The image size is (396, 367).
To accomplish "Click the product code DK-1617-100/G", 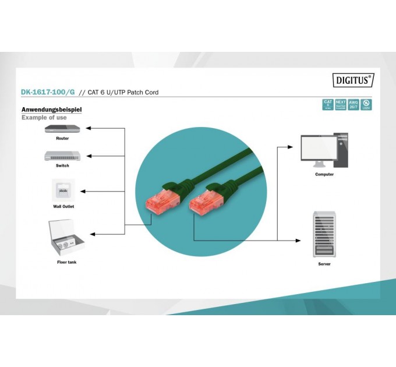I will point(48,93).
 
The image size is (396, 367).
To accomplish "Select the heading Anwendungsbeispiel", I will point(51,110).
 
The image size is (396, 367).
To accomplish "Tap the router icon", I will point(62,129).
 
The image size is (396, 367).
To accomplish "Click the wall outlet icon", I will point(63,190).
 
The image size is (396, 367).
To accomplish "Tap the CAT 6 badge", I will point(328,105).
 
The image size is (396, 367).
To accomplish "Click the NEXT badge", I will point(341,105).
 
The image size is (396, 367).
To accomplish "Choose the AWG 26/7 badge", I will point(353,105).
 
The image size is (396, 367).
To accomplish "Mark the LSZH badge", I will point(366,105).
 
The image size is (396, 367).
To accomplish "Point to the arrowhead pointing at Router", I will point(89,128).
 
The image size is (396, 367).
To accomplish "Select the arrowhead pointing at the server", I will point(299,240).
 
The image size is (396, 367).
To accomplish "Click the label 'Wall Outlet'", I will point(63,206).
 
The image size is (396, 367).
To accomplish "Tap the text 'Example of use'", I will point(44,118).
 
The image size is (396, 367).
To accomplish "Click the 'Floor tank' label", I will point(66,262).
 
